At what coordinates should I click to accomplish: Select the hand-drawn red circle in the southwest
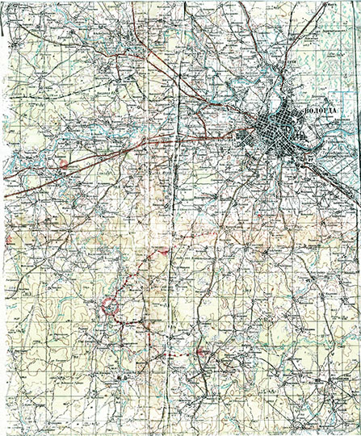click(x=108, y=306)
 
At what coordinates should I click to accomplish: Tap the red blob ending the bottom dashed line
click(x=200, y=353)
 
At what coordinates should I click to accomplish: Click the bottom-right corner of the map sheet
click(x=358, y=433)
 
